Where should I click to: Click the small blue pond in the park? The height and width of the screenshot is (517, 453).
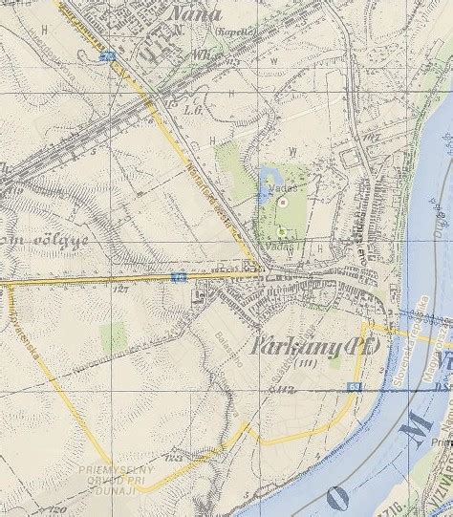pyautogui.click(x=265, y=182)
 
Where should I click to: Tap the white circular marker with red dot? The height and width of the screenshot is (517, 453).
pyautogui.click(x=282, y=202)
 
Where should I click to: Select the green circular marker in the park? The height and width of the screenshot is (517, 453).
pyautogui.click(x=281, y=230)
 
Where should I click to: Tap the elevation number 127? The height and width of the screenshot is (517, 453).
pyautogui.click(x=120, y=287)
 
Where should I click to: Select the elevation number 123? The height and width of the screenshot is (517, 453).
pyautogui.click(x=174, y=460)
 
